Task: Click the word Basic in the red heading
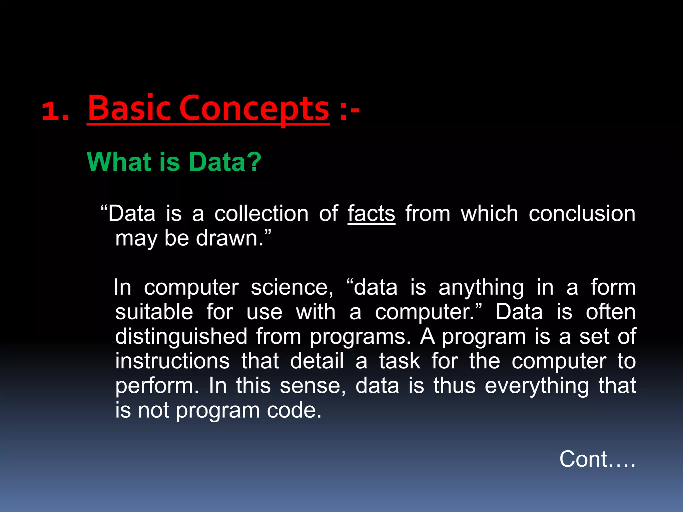pyautogui.click(x=131, y=108)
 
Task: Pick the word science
pyautogui.click(x=292, y=287)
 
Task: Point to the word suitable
pyautogui.click(x=154, y=312)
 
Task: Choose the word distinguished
pyautogui.click(x=181, y=337)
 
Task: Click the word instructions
pyautogui.click(x=172, y=361)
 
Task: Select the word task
pyautogui.click(x=400, y=361)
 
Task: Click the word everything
pyautogui.click(x=537, y=386)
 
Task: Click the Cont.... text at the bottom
pyautogui.click(x=597, y=459)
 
